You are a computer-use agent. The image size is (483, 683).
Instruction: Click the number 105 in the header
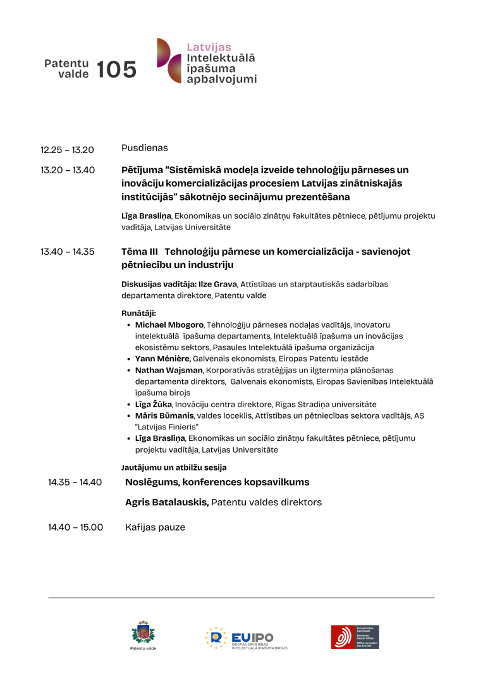tap(117, 70)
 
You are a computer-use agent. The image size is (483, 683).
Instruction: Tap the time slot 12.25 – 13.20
tap(67, 150)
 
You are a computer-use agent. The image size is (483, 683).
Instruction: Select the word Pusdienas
tap(145, 148)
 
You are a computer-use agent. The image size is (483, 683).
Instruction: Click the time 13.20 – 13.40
tap(67, 169)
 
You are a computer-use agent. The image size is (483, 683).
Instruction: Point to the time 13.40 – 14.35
tap(67, 252)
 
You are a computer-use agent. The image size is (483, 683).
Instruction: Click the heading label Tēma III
tap(140, 252)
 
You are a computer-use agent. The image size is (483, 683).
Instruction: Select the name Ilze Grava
tap(218, 285)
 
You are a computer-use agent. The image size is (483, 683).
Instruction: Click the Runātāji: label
tap(138, 313)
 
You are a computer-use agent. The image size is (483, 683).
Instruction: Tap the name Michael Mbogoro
tap(169, 324)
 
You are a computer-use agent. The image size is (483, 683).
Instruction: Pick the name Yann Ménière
tap(163, 359)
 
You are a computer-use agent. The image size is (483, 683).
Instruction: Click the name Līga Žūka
tap(154, 404)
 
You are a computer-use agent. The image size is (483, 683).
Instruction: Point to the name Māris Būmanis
tap(164, 415)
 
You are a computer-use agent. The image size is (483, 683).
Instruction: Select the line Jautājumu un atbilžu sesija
tap(174, 468)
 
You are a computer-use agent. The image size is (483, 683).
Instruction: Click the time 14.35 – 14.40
tap(75, 483)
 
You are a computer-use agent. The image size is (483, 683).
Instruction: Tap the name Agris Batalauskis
tap(167, 503)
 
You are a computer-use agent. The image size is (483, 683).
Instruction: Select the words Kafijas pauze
tap(155, 527)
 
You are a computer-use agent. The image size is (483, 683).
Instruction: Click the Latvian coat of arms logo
tap(143, 634)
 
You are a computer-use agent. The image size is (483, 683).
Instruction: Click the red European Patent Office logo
tap(355, 637)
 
